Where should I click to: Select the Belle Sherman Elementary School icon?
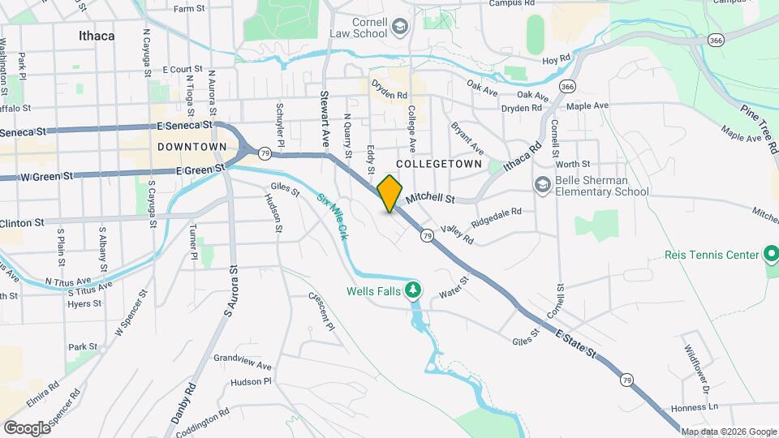click(541, 186)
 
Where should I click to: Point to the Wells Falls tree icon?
click(414, 290)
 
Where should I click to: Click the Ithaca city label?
click(97, 36)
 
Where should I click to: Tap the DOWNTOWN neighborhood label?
click(192, 147)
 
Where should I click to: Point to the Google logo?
click(27, 427)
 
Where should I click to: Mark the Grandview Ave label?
click(243, 363)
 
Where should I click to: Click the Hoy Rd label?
click(557, 59)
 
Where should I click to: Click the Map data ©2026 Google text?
click(728, 432)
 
